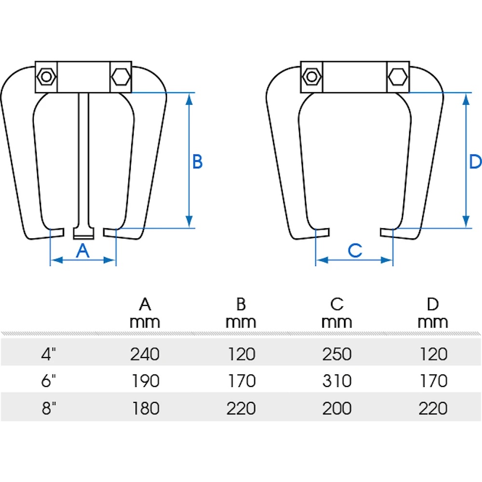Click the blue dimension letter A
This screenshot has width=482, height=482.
[83, 250]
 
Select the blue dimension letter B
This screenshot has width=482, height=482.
[197, 162]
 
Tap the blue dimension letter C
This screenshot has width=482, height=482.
[355, 250]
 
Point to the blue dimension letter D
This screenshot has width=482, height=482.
[475, 162]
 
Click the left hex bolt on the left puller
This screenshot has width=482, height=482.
[47, 77]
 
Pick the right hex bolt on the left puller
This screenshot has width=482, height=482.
[120, 76]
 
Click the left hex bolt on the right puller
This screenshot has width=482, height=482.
[312, 76]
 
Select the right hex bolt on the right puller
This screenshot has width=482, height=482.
[398, 76]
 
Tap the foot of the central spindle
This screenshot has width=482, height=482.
[84, 233]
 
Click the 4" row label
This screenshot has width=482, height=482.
[49, 355]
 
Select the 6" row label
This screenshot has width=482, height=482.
[49, 381]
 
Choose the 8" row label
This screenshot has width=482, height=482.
[49, 408]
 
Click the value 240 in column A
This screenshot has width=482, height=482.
[145, 355]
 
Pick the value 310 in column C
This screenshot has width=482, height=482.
[337, 381]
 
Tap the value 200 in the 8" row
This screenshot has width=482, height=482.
[337, 408]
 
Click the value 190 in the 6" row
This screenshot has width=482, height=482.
[145, 381]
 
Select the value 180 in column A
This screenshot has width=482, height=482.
[145, 408]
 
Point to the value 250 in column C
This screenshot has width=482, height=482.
[337, 355]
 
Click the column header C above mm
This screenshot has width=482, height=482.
[337, 304]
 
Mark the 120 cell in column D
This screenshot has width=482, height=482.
[433, 355]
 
